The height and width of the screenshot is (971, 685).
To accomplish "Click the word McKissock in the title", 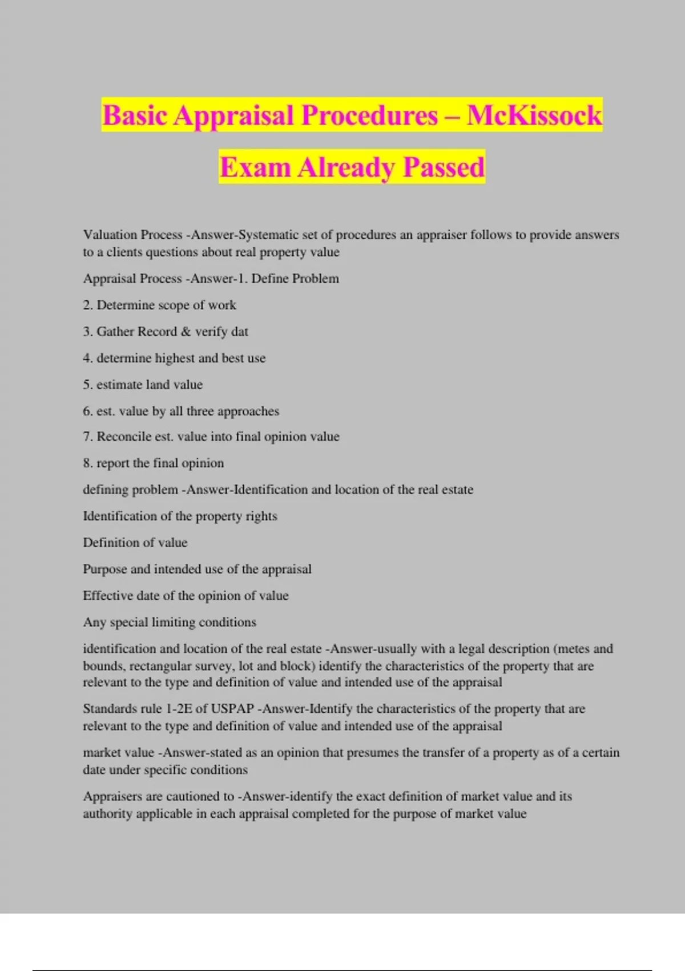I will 534,115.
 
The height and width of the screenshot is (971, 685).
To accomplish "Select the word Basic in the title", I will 135,115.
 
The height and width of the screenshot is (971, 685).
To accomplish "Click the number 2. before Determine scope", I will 88,305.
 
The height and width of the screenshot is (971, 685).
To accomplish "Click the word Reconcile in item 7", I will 120,437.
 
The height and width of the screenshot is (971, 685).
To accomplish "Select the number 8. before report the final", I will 88,463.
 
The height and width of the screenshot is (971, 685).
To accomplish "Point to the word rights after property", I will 261,516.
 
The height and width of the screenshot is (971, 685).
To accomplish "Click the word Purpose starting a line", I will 105,569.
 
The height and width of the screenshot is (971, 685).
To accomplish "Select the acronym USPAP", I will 232,709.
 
